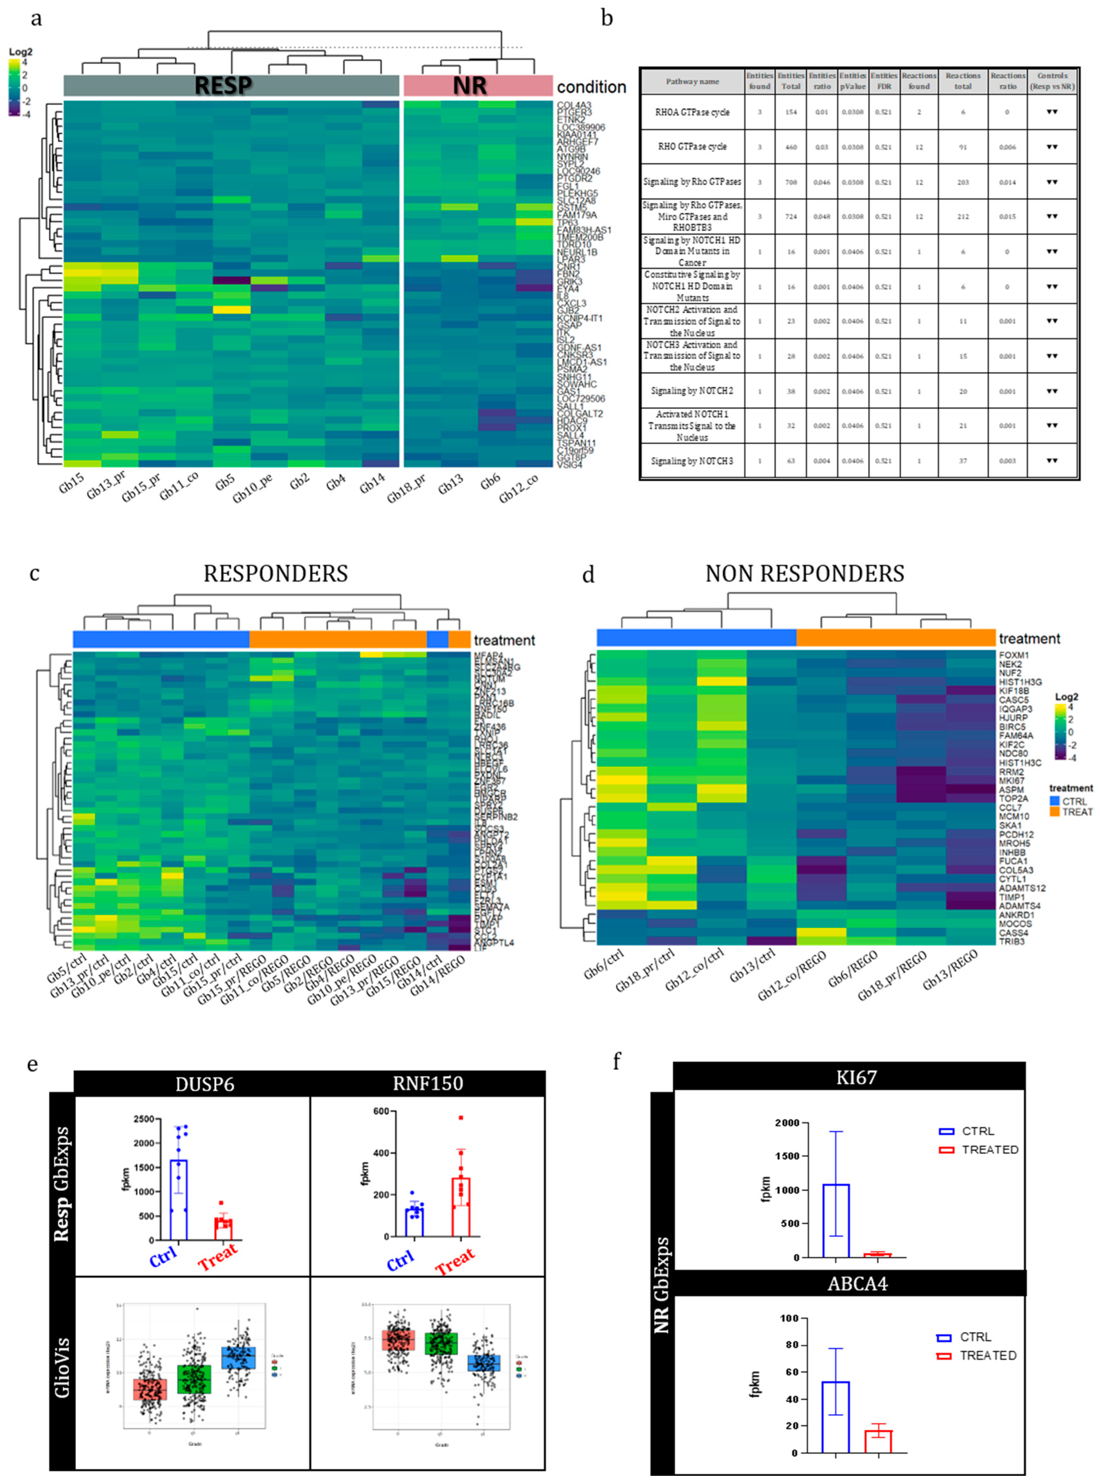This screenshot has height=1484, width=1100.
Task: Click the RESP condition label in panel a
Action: tap(223, 86)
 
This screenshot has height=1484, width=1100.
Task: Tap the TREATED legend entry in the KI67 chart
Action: tap(989, 1150)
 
